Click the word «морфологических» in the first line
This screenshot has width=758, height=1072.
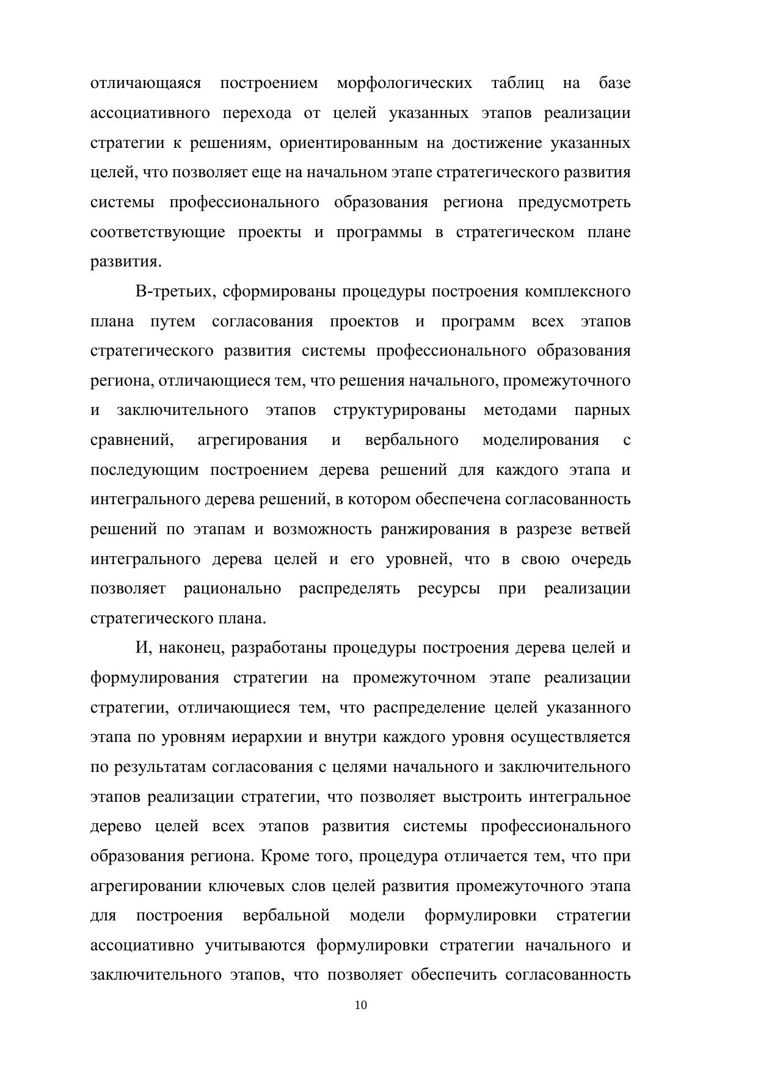pyautogui.click(x=404, y=83)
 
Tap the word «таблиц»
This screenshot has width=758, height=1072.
pyautogui.click(x=517, y=83)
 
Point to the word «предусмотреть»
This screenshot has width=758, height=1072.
pyautogui.click(x=574, y=202)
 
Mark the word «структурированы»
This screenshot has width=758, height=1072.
pyautogui.click(x=399, y=410)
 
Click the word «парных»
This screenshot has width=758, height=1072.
pyautogui.click(x=602, y=410)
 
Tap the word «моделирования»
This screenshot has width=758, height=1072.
pyautogui.click(x=541, y=440)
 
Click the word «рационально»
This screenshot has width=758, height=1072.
pyautogui.click(x=232, y=589)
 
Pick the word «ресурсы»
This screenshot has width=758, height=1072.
pyautogui.click(x=449, y=589)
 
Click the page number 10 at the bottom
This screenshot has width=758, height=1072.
pyautogui.click(x=361, y=1006)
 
